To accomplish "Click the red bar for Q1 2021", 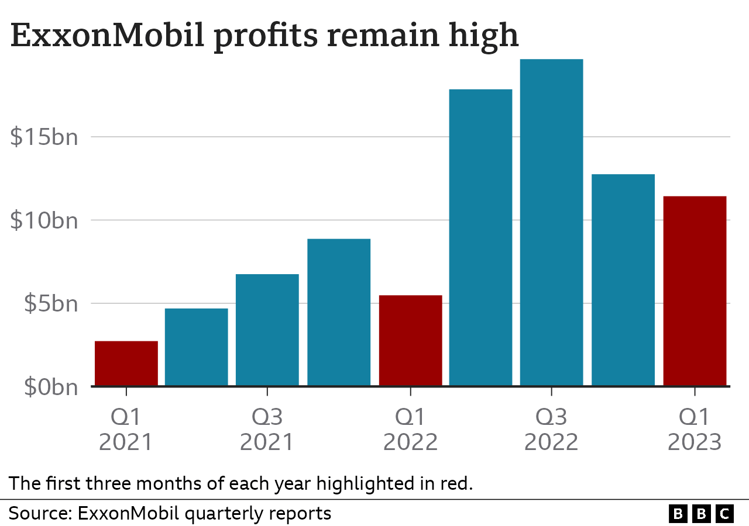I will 126,364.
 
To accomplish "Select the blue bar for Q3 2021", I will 267,330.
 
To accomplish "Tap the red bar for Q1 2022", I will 410,341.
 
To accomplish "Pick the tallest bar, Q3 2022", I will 552,222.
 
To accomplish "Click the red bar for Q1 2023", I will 695,291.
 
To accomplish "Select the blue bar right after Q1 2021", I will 197,347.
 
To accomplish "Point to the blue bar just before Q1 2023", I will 623,280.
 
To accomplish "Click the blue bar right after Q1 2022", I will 480,237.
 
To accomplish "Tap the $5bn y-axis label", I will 51,304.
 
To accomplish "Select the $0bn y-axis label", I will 51,387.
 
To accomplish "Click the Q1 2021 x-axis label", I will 126,430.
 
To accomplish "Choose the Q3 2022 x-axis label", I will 551,430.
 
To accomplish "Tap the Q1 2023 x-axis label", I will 695,430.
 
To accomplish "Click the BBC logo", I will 701,514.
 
